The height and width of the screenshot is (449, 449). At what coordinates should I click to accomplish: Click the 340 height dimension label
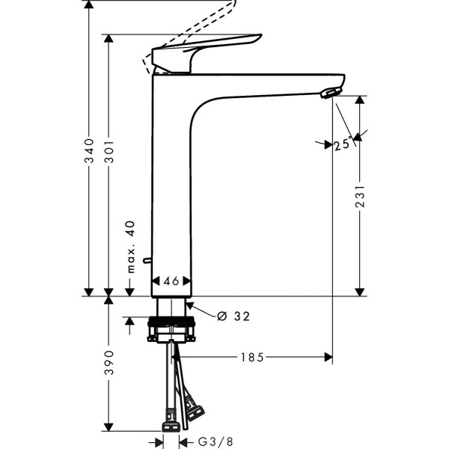point(88,151)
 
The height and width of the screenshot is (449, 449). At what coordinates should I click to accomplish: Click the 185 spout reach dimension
point(251,358)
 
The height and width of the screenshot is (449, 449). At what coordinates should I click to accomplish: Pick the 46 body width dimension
point(171,282)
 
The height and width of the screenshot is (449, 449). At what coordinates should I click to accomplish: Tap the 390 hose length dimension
point(109,364)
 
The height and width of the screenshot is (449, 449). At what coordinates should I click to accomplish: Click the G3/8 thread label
point(213,442)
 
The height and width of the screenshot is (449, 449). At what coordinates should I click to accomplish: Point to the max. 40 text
point(129,246)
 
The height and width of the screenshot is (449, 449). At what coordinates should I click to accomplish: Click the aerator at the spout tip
point(329,92)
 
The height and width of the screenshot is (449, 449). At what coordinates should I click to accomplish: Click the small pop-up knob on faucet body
point(147,260)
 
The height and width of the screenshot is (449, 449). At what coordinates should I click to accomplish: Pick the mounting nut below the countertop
point(172,329)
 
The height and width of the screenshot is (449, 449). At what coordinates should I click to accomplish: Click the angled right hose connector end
point(195,410)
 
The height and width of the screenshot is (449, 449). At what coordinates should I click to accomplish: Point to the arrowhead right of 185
point(328,358)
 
